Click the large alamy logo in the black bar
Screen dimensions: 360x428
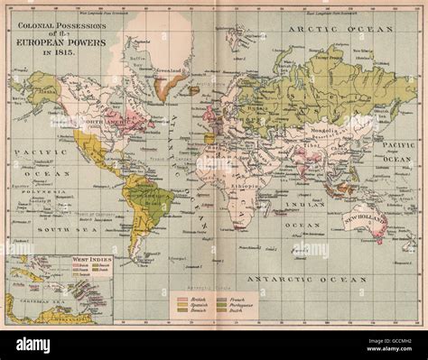(33, 344)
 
